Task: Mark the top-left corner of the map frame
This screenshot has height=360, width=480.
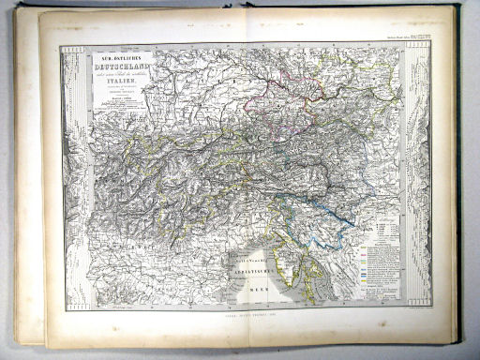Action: (61, 46)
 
